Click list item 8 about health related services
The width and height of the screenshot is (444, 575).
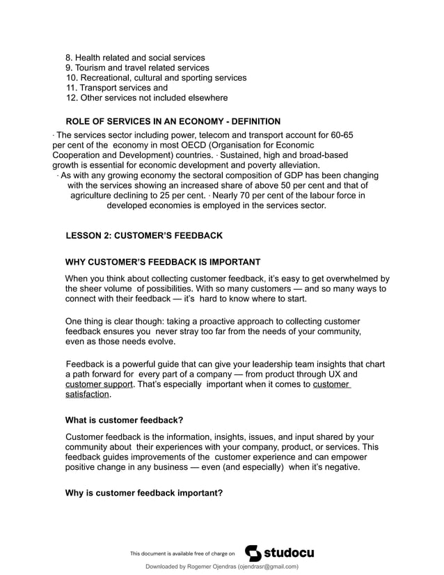pos(135,57)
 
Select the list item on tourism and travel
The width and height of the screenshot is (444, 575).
pos(137,68)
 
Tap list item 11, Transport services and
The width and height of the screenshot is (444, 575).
pos(116,88)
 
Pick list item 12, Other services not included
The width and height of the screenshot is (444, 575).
pos(146,98)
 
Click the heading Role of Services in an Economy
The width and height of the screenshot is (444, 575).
pos(163,121)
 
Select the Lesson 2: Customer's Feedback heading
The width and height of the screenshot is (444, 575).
pos(144,235)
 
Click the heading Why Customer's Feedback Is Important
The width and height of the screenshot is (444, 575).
pos(163,262)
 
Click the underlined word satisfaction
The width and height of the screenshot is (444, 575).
pos(87,395)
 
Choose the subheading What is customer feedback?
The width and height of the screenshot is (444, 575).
pos(124,420)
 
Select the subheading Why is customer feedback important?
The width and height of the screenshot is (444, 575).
pos(143,493)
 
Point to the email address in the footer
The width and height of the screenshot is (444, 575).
pos(268,567)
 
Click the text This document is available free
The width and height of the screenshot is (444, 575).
pos(183,554)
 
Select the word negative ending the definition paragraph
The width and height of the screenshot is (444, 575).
pos(340,467)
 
